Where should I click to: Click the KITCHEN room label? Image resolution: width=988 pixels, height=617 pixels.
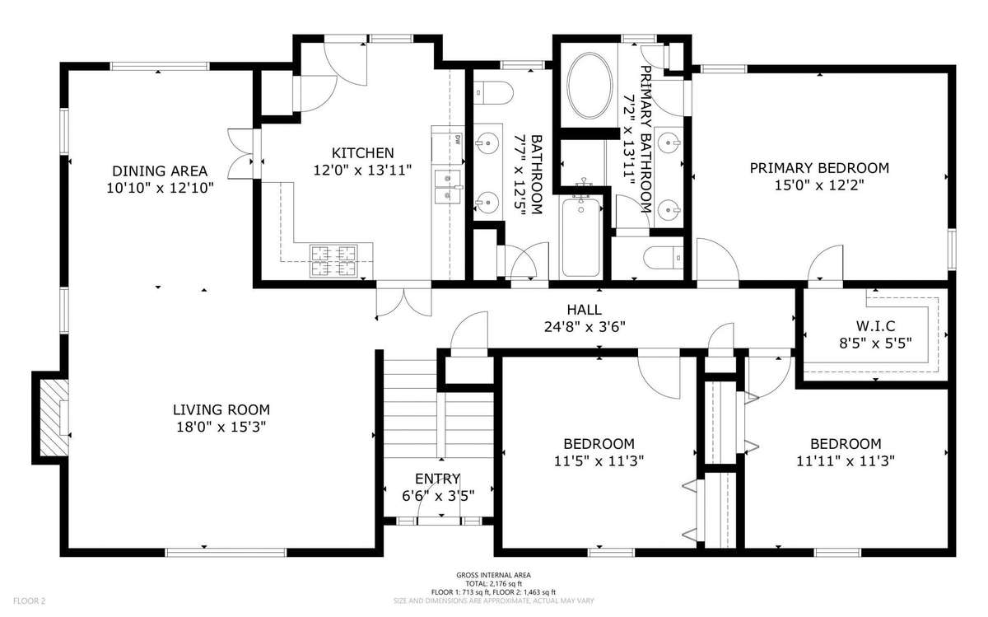[362, 153]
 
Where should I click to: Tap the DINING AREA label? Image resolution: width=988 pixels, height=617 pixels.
[160, 171]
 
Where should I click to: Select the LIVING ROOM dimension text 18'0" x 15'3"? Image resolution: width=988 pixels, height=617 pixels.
[221, 428]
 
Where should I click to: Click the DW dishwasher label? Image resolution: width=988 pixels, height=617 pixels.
[458, 140]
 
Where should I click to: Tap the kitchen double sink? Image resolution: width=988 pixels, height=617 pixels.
[448, 187]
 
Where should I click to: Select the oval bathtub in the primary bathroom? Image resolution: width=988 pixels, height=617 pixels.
[590, 86]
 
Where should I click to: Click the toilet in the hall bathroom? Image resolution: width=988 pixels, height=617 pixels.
[493, 93]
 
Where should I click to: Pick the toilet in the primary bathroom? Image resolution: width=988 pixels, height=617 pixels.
[663, 257]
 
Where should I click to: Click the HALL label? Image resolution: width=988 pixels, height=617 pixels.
[585, 310]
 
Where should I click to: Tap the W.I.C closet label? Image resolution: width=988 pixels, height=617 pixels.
[875, 326]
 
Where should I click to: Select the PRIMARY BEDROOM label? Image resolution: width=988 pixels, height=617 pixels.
[819, 168]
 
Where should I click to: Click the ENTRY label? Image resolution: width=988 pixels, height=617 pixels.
[437, 479]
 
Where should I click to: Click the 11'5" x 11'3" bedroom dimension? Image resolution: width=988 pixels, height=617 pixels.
[599, 461]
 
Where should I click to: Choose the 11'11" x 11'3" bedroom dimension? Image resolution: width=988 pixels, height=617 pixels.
[846, 461]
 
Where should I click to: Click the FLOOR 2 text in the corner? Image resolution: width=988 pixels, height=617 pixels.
[30, 601]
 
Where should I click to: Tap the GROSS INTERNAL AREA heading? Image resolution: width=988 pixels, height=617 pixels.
[493, 575]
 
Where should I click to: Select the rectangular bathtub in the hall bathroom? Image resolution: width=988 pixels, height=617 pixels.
[581, 238]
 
